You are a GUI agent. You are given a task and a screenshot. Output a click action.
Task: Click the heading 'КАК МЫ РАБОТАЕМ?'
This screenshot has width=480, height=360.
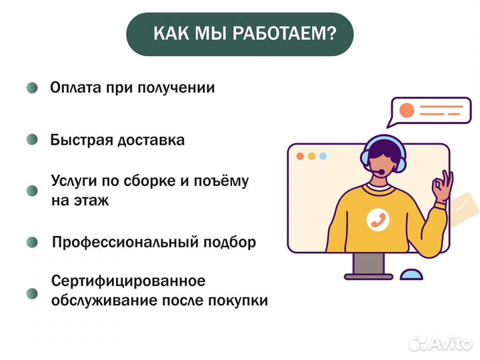coord(239,34)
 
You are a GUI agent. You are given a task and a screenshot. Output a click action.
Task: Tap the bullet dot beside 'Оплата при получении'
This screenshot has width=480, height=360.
coord(32,89)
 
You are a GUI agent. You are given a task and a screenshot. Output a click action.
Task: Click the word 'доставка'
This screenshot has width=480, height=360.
coord(151,141)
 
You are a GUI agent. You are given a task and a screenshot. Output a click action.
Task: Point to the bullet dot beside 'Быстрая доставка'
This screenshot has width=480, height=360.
coord(32,141)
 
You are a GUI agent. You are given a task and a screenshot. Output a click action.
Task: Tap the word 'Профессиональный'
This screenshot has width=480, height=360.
coord(117,242)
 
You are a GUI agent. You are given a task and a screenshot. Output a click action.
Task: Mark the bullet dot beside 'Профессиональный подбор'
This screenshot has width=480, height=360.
coord(32,241)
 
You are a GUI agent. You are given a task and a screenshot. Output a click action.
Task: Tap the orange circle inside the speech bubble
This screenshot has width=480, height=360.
coord(405,109)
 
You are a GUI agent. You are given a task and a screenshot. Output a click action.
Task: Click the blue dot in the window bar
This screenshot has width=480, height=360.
coord(323,157)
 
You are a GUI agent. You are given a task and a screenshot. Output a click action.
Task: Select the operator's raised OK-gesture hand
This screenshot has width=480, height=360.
coord(443,187)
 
